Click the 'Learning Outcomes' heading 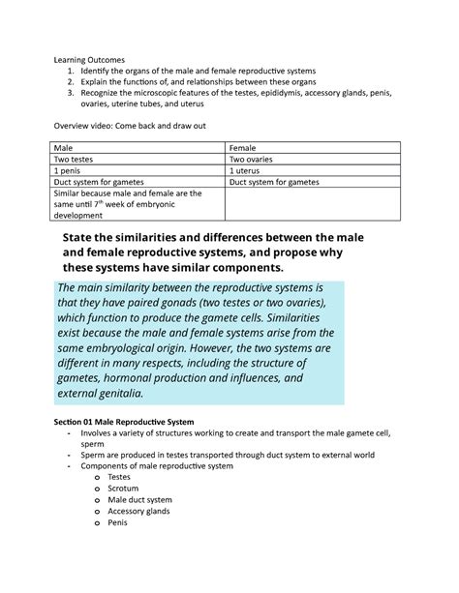(x=89, y=59)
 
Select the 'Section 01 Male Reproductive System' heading (x=128, y=424)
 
